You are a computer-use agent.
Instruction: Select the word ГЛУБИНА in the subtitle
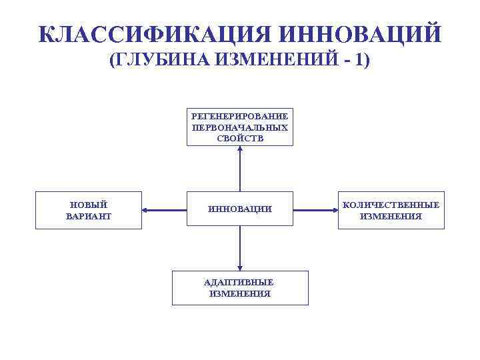click(163, 61)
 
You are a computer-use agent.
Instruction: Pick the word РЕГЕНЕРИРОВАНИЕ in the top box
click(240, 116)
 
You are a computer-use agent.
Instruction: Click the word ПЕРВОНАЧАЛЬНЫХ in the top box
click(240, 127)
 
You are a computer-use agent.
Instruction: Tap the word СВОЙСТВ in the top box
click(240, 139)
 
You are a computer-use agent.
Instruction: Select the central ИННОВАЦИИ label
click(240, 209)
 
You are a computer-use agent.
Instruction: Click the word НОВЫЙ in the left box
click(89, 205)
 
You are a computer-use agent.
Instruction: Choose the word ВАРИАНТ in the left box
click(89, 216)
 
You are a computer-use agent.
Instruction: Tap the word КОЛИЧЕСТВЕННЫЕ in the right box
click(391, 205)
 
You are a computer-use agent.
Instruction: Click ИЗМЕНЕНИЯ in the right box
click(391, 216)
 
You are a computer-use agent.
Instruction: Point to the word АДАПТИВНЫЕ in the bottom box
click(240, 282)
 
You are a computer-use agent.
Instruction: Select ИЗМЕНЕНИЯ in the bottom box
click(240, 293)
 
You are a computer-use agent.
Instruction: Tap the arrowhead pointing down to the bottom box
click(240, 267)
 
